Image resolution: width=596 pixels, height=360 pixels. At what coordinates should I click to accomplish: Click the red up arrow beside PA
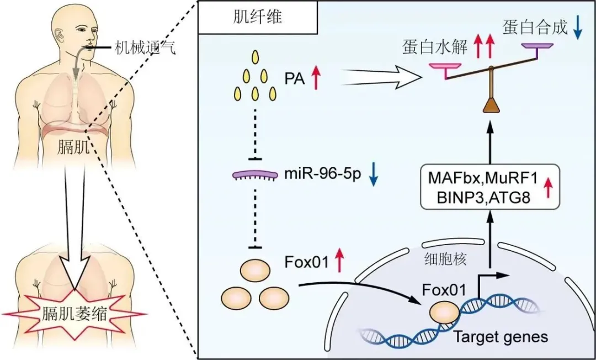point(315,77)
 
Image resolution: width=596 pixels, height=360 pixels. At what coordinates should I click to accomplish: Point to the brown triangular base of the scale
point(491,107)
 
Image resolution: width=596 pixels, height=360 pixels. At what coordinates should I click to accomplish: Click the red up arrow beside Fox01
point(339,260)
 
